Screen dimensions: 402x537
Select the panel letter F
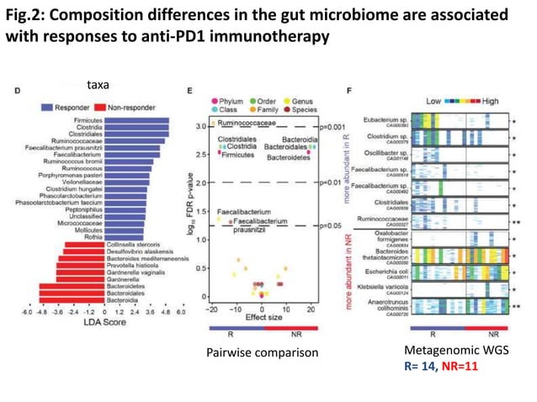point(350,89)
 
